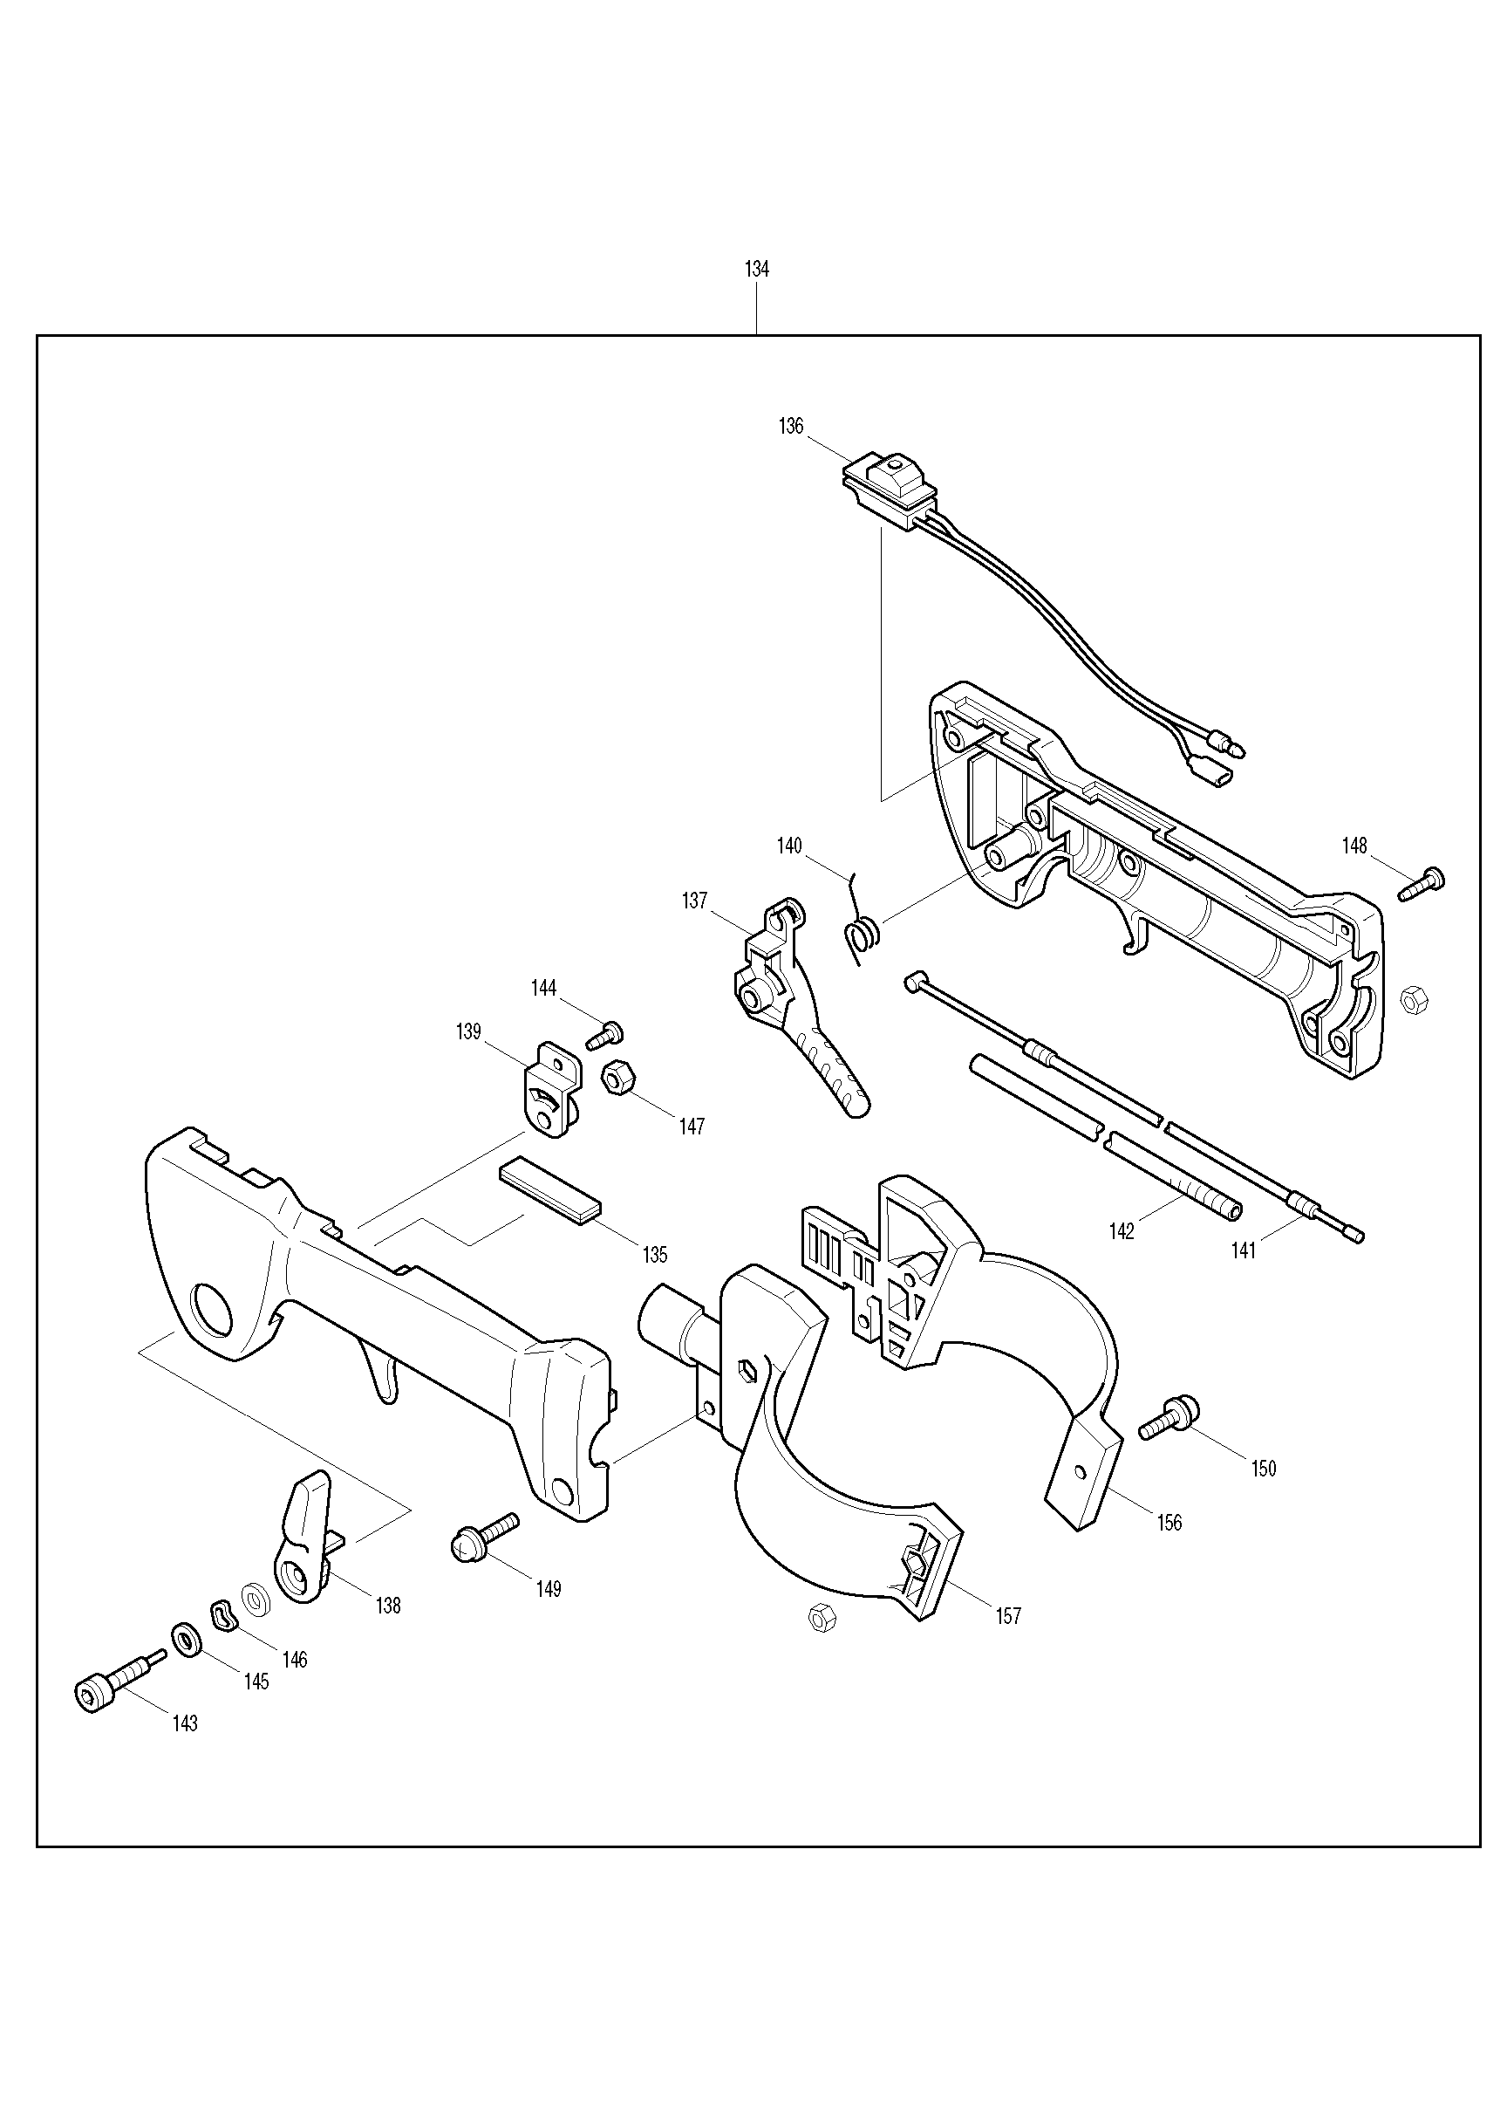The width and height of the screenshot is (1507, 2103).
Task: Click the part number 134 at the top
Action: [756, 269]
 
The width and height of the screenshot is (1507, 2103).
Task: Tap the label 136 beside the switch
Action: [791, 427]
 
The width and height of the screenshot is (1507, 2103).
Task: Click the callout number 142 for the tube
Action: [1121, 1231]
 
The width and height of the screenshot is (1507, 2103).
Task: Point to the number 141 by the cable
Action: [1242, 1250]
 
